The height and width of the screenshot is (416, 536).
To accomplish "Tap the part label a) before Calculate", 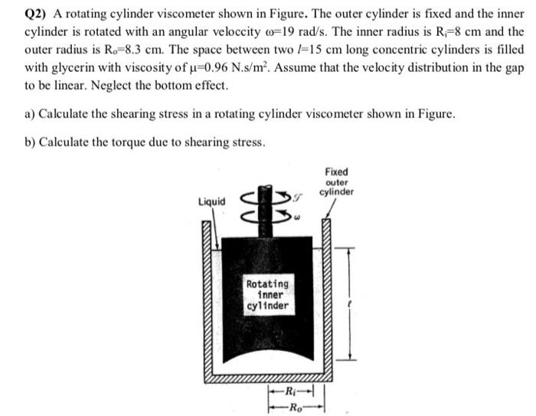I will [30, 114].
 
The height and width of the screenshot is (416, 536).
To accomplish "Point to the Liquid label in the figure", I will [212, 202].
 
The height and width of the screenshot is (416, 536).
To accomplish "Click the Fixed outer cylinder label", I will [336, 182].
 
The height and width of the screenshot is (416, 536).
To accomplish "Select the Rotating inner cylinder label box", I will [267, 296].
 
